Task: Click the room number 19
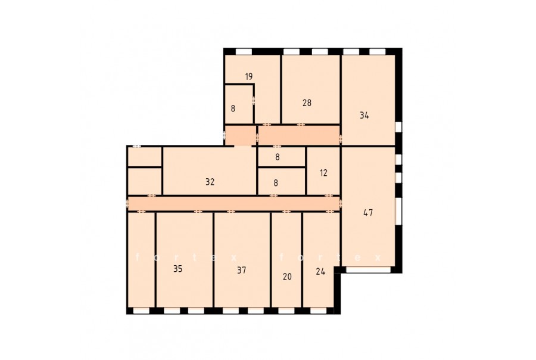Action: pos(249,77)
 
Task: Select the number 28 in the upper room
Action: pos(307,103)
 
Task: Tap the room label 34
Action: pos(364,116)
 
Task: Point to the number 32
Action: pos(210,182)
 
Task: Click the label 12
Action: pos(324,173)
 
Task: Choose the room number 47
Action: pos(368,213)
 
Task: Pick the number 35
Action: pos(177,269)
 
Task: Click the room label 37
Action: pos(242,271)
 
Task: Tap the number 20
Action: pos(288,277)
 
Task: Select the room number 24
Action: pos(320,272)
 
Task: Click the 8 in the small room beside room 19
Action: pos(233,109)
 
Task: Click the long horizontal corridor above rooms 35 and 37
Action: pos(233,204)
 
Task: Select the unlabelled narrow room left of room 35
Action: pos(141,260)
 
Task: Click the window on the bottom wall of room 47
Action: pos(368,270)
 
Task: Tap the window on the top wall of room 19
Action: pos(244,51)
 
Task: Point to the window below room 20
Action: pos(286,311)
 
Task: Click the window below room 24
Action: pos(319,311)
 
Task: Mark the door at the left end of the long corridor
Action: pos(127,203)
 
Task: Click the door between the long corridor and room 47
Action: pos(341,204)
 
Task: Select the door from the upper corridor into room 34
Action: pos(341,139)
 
